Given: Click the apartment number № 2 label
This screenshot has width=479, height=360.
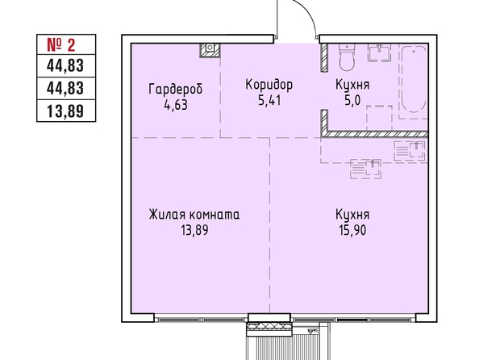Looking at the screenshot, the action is [x=61, y=45].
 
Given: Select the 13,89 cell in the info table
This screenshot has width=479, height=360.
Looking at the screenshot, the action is [x=65, y=111].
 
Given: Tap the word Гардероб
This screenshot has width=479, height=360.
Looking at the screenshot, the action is [x=176, y=90].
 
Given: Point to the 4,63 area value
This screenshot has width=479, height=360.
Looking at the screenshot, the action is [x=176, y=105].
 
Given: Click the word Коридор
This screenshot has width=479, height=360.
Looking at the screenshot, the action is [x=269, y=85].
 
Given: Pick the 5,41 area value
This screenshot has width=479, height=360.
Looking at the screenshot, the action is [x=269, y=100].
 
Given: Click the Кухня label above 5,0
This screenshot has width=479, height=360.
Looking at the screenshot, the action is [x=352, y=85].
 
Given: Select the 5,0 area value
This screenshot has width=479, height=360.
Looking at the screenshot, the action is [x=352, y=100].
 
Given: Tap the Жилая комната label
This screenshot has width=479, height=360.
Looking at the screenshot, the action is [x=194, y=215].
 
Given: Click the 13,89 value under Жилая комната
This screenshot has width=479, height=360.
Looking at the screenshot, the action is [x=194, y=230].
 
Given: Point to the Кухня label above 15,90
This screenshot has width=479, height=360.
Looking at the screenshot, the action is [x=352, y=215].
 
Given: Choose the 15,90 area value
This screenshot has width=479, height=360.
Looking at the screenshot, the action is [x=352, y=230].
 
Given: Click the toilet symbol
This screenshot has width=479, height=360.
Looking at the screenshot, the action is [x=347, y=57].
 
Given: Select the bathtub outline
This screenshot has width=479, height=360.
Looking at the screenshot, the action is [x=414, y=79].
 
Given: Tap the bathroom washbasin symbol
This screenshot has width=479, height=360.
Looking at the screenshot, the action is [x=380, y=52].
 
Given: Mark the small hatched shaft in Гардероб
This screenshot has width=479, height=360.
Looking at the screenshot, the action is [x=210, y=50].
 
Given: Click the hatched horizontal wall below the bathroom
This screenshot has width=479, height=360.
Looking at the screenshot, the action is [x=375, y=134].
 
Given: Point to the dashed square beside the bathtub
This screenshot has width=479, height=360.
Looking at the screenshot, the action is [x=380, y=118].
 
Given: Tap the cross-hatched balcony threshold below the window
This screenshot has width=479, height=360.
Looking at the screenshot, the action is [x=269, y=329].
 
